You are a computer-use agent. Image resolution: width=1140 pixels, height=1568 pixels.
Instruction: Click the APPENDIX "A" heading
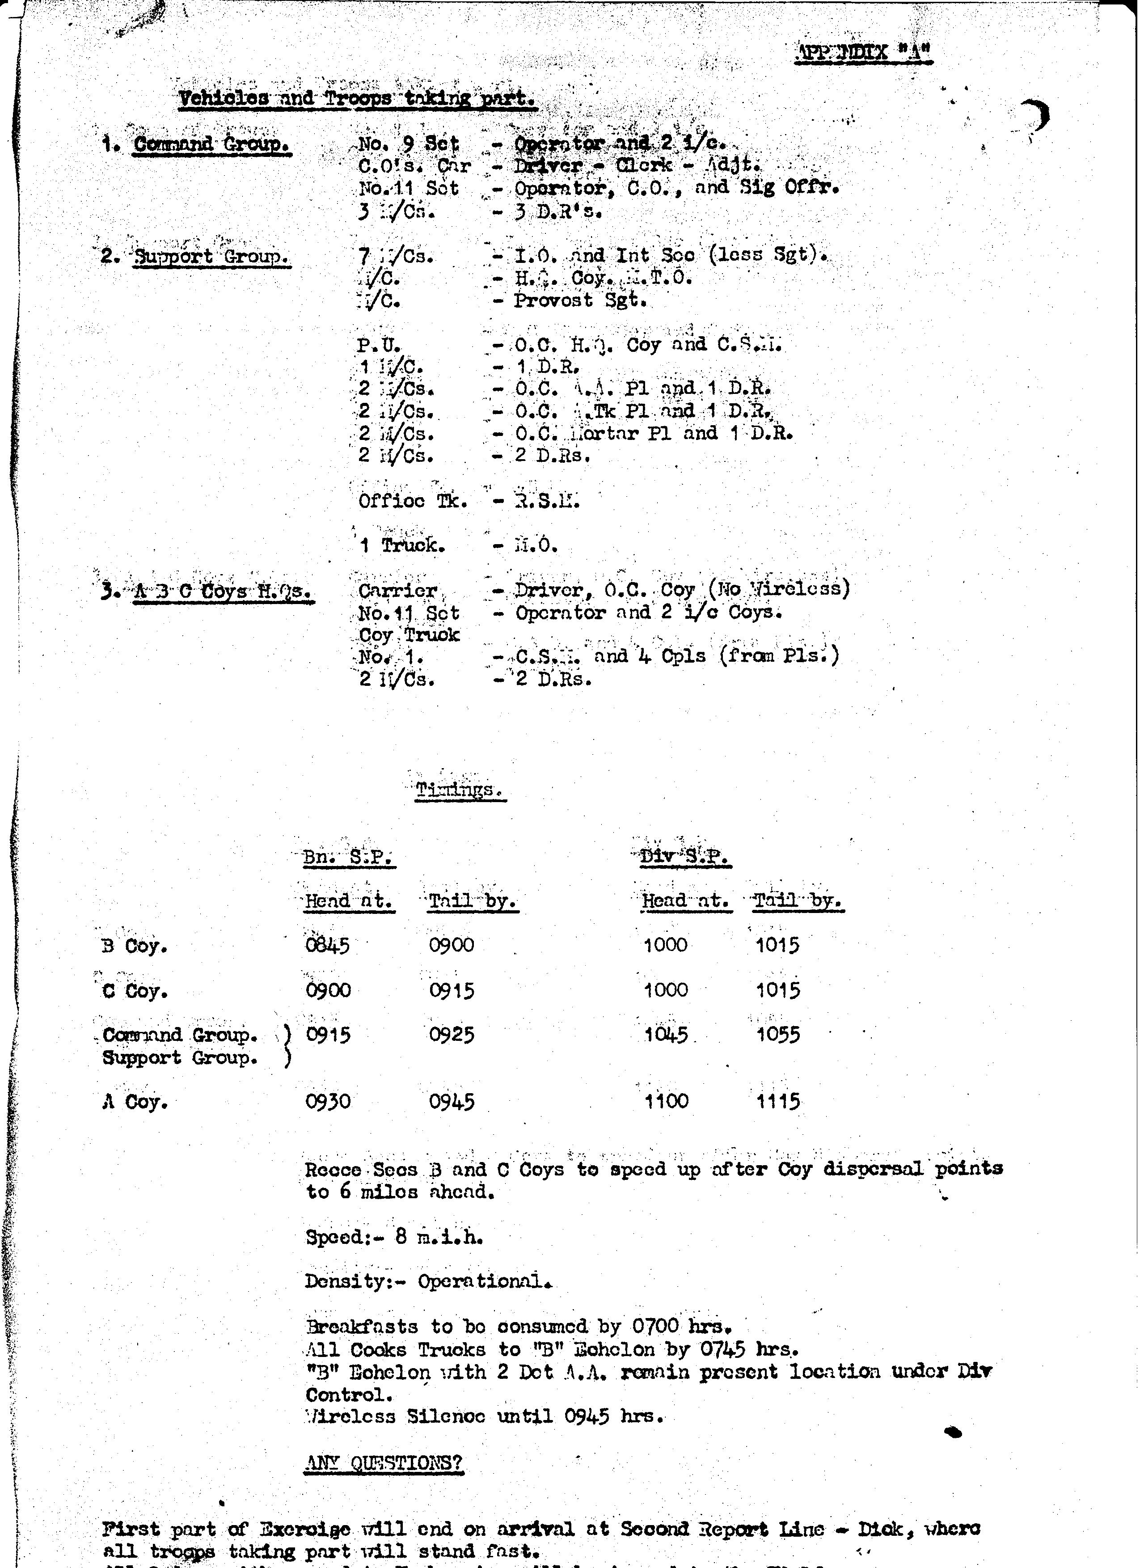click(863, 53)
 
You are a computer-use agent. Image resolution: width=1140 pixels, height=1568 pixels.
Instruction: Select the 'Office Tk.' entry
click(413, 501)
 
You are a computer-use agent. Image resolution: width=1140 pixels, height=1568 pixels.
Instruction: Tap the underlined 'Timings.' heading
click(460, 790)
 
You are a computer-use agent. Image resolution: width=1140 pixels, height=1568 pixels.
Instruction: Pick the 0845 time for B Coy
click(327, 945)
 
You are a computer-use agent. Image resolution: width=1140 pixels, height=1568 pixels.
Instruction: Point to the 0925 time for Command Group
click(452, 1035)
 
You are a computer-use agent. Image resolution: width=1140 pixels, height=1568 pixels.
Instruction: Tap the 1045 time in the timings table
click(666, 1035)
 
